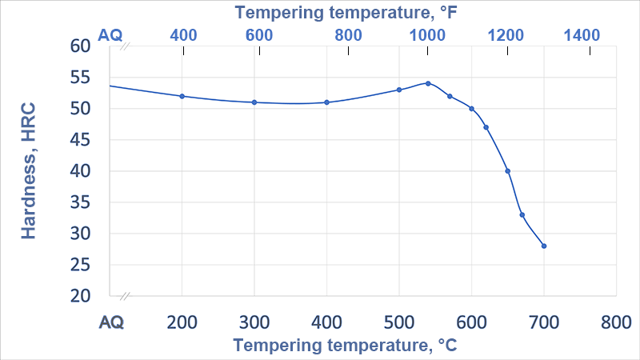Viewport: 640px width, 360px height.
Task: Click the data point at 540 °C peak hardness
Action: coord(428,83)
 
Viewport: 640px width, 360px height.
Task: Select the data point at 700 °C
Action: coord(544,246)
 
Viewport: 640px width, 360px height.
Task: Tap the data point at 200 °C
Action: coord(182,96)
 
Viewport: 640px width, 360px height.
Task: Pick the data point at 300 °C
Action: coord(254,102)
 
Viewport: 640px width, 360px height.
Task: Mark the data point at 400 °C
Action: coord(326,102)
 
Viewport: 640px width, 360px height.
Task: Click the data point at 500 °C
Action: coord(399,90)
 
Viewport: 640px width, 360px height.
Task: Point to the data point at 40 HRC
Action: coord(508,171)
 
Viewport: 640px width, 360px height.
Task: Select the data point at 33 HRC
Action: coord(522,214)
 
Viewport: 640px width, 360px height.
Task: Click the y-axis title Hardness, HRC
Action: coord(30,170)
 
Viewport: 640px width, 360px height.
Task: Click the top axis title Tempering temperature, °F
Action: coord(345,12)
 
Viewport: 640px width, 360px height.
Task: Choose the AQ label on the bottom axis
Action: coord(111,322)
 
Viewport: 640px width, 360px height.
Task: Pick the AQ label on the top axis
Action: coord(110,34)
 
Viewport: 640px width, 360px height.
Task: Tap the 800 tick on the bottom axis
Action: coord(616,322)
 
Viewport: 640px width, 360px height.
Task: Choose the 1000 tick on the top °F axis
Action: coord(427,34)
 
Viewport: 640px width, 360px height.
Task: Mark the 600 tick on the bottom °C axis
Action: coord(471,322)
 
